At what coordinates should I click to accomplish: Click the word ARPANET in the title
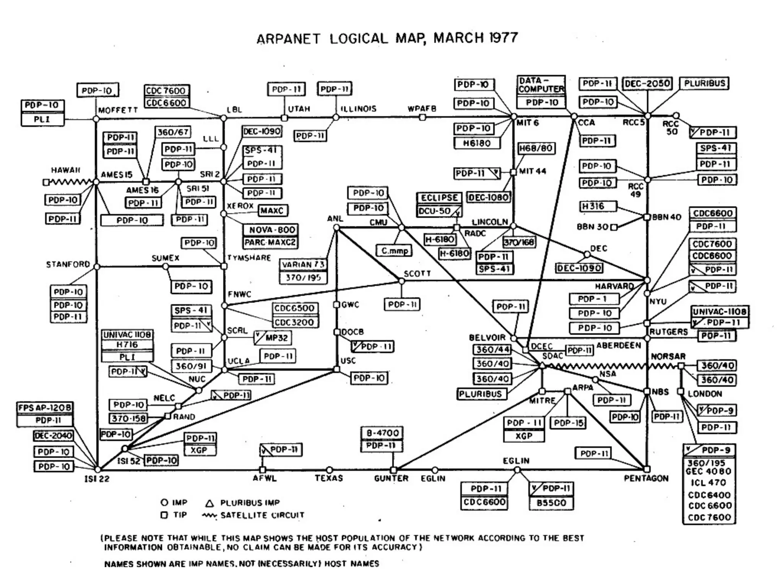tap(288, 39)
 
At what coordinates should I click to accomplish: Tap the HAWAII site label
tap(66, 170)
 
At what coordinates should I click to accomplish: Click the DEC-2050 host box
tap(647, 83)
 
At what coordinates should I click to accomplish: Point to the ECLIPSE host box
tap(439, 198)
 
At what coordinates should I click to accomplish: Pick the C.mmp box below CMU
tap(395, 251)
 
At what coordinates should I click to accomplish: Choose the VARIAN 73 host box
tap(303, 264)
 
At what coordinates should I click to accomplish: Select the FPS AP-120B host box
tap(45, 408)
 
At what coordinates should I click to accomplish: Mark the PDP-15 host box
tap(569, 423)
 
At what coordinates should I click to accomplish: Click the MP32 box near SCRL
tap(273, 337)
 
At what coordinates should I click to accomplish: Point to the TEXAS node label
tap(329, 478)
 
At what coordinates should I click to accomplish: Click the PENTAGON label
tap(646, 478)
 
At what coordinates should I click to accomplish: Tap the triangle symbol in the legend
tap(209, 503)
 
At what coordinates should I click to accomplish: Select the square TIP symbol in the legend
tap(164, 515)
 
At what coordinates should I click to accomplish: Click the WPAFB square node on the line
tap(422, 117)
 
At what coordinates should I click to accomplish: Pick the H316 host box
tap(598, 206)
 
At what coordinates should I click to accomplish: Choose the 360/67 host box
tap(173, 132)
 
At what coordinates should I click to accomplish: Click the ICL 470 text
tap(708, 482)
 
